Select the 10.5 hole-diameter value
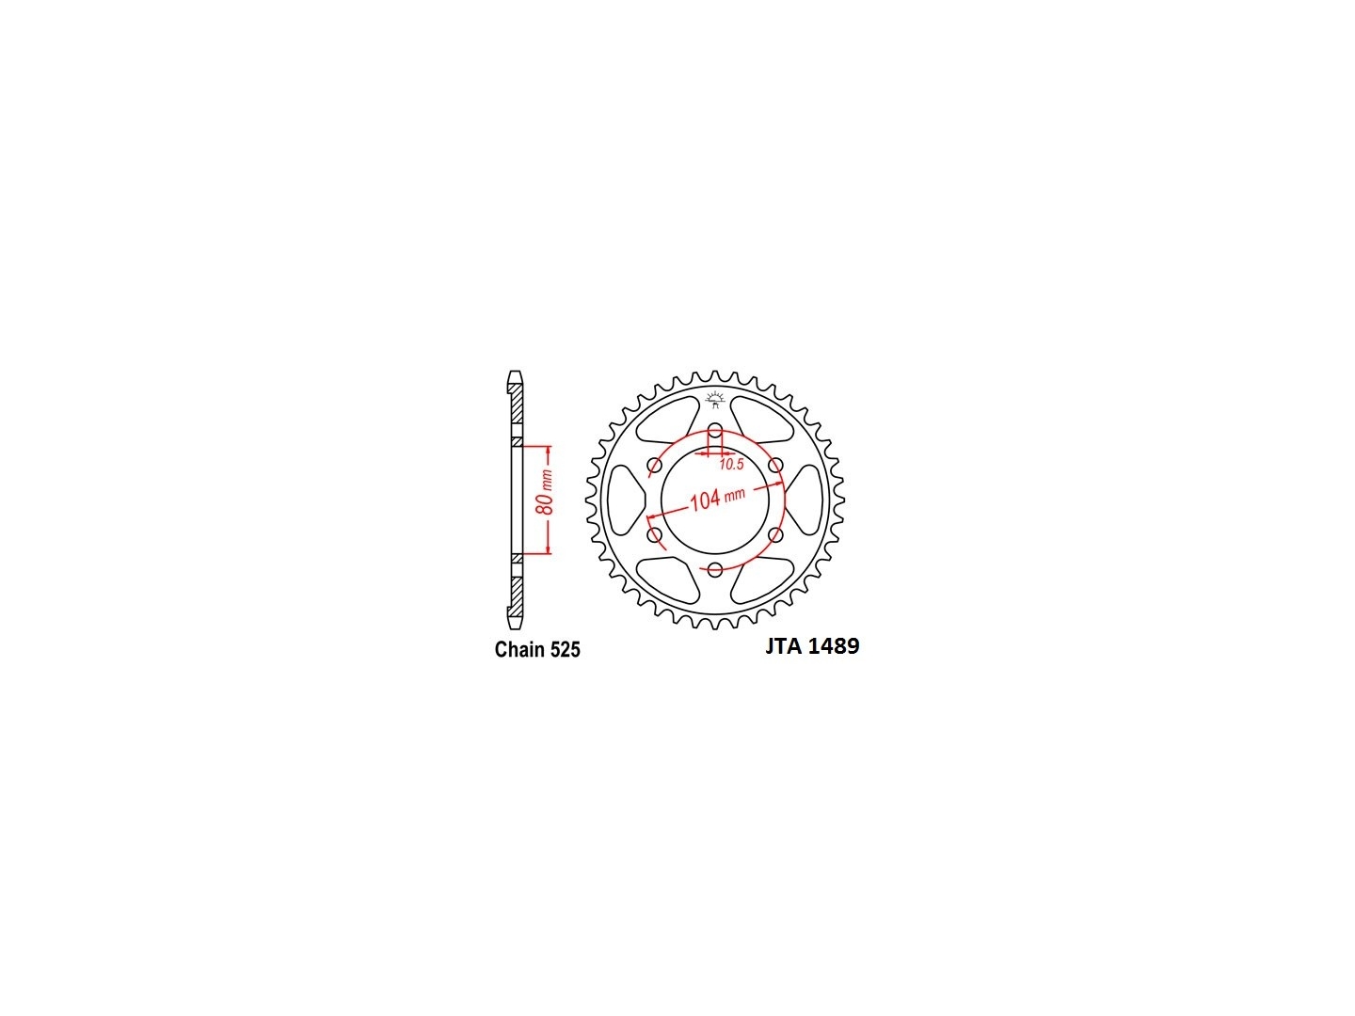(x=731, y=465)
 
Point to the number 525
(x=563, y=649)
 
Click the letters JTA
(x=784, y=646)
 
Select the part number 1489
(x=834, y=646)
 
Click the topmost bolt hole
(x=715, y=430)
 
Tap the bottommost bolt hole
(x=715, y=569)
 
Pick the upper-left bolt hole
(x=654, y=465)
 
